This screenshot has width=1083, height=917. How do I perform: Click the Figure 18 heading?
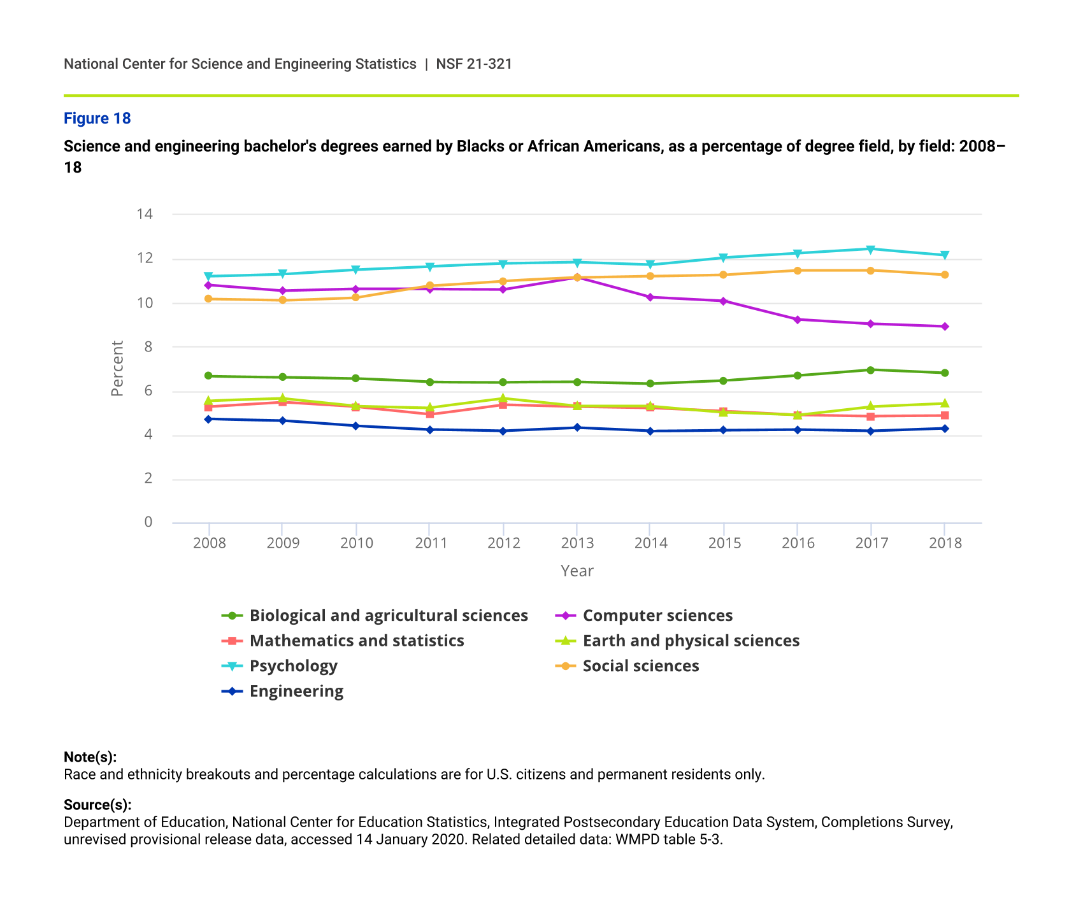97,118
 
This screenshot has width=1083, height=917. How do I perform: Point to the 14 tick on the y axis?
145,214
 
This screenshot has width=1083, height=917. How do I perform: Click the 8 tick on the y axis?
148,347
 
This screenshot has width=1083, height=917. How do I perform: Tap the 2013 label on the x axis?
577,543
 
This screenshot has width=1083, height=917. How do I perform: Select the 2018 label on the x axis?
945,543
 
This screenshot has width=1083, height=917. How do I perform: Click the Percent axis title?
117,368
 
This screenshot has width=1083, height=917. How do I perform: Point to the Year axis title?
577,571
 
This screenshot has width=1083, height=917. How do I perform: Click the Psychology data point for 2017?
871,249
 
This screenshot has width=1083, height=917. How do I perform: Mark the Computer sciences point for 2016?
797,320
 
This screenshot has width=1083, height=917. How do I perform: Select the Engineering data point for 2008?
208,419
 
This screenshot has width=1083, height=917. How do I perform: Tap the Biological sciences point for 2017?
871,370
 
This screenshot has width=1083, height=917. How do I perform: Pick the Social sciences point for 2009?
282,301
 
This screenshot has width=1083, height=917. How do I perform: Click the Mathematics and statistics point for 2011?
430,415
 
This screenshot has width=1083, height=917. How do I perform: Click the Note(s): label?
90,757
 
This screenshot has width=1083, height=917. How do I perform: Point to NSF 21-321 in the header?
474,64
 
